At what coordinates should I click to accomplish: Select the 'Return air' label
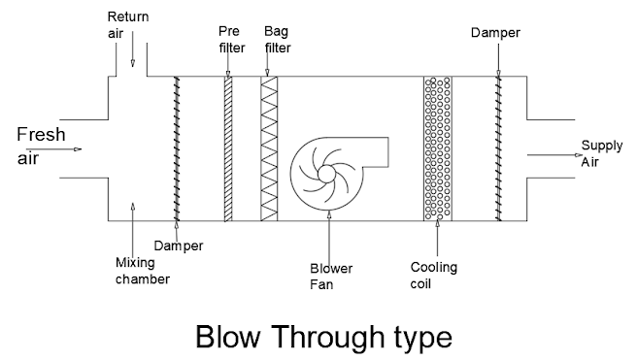pos(128,24)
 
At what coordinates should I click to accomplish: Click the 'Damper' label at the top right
pos(497,32)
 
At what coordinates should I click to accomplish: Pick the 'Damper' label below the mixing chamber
pos(179,246)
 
